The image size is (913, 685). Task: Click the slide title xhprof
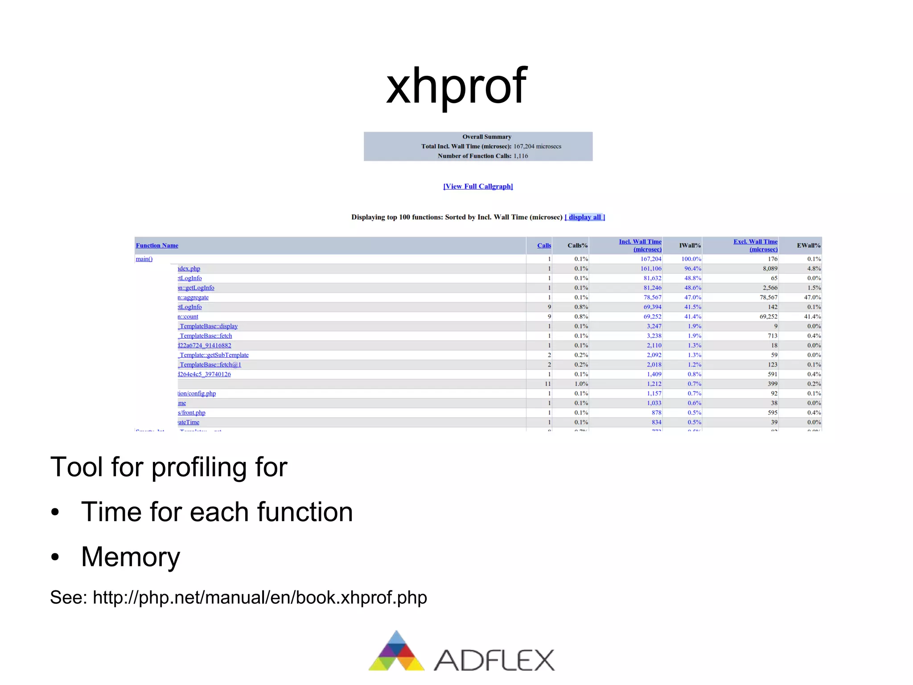(x=456, y=86)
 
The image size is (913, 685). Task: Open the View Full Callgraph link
(x=478, y=187)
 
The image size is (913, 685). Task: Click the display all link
(x=585, y=217)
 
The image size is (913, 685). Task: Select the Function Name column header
(x=157, y=245)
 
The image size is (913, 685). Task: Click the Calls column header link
(x=544, y=245)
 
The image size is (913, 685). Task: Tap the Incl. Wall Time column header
(x=640, y=245)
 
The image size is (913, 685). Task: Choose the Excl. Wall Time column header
(x=756, y=245)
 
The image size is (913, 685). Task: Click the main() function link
(x=144, y=259)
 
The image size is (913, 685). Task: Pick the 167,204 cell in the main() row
(x=651, y=259)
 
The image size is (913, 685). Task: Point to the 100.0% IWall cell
(x=691, y=259)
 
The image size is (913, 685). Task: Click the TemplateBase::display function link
(x=208, y=326)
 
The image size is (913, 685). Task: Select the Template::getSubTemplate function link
(x=214, y=355)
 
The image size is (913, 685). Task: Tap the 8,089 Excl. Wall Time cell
(x=770, y=269)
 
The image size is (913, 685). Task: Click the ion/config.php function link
(x=197, y=394)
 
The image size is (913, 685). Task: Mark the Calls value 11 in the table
(x=547, y=384)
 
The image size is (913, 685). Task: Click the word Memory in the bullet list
(x=131, y=557)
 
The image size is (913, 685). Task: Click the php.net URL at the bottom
(x=260, y=598)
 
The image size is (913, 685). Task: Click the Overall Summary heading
(x=487, y=137)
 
